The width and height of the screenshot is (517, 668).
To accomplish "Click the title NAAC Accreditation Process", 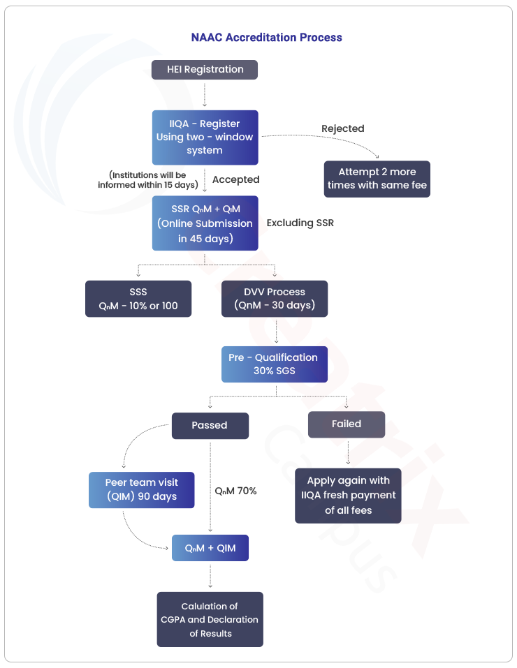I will tap(267, 37).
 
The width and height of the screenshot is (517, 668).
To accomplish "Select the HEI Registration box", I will tap(205, 70).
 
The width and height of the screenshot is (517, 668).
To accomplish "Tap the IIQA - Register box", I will tap(205, 138).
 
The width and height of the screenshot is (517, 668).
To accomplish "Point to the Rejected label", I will tap(342, 128).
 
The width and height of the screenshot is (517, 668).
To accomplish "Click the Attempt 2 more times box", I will tap(377, 179).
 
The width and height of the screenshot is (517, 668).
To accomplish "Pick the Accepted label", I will tap(235, 180).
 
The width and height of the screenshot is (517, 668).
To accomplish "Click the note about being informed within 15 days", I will tap(147, 180).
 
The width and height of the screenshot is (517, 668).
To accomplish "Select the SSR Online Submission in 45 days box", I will tap(205, 223).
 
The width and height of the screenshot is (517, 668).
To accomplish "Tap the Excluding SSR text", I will tap(300, 223).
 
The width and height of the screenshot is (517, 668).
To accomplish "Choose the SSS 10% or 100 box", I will tap(138, 299).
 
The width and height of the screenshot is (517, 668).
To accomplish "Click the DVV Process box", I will tap(275, 299).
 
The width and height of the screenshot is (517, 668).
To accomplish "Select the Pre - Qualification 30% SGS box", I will tap(274, 364).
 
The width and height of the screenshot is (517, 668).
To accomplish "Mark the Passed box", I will tap(210, 425).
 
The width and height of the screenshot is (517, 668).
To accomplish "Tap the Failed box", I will tap(347, 424).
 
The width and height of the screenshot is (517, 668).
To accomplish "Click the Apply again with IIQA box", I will tap(348, 496).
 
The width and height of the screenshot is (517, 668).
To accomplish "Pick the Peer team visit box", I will tap(142, 489).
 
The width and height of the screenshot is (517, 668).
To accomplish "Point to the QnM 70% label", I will tap(235, 491).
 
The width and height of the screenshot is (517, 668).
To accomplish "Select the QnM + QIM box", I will tap(210, 549).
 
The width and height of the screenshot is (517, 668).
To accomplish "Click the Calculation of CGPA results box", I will tap(210, 620).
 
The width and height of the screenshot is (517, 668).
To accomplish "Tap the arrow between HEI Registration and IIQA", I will tap(205, 94).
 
